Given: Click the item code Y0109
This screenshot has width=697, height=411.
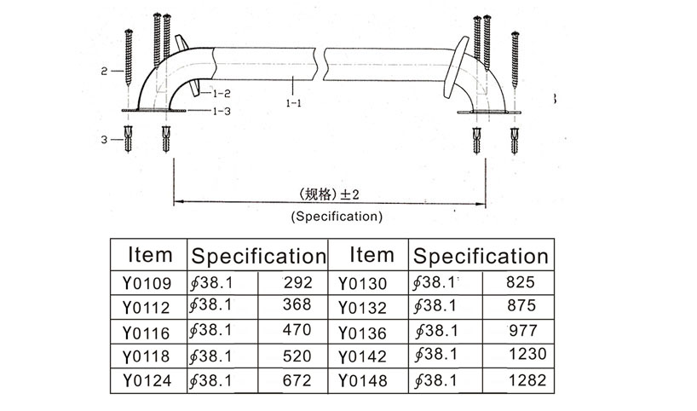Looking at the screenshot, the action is pos(147,283).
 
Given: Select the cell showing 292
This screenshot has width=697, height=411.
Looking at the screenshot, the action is pos(298,282).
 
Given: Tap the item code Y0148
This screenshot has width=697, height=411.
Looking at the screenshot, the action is pos(363,381).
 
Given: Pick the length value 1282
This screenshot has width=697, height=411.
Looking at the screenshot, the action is pos(527,380).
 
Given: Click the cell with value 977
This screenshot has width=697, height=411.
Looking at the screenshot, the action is pos(523,331).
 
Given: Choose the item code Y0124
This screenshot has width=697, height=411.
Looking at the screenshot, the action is pos(147,381).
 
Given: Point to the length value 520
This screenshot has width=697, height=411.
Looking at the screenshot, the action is pos(297,356).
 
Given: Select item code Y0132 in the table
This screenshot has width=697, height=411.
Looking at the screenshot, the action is pos(363,308).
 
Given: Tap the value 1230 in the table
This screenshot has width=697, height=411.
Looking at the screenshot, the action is pos(527,354).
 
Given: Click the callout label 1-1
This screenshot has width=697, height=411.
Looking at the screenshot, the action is pos(294,103).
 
